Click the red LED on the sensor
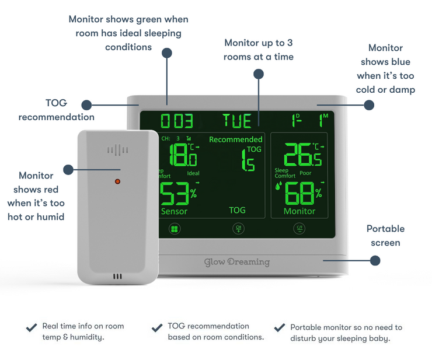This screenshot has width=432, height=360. click(117, 181)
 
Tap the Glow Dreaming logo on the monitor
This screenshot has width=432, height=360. click(237, 262)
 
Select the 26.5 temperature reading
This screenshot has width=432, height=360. click(302, 155)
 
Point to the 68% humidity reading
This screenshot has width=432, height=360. click(303, 193)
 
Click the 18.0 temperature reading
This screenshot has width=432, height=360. click(183, 155)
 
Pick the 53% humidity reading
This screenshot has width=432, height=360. click(178, 194)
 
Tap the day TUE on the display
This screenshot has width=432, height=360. click(237, 121)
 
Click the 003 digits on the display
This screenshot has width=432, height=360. click(177, 121)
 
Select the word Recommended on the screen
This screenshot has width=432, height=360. click(236, 139)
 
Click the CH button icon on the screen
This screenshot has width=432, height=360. click(238, 228)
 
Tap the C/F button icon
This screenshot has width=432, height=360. click(299, 228)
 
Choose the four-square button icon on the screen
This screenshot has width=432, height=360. click(175, 229)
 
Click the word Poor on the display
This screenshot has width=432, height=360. click(305, 173)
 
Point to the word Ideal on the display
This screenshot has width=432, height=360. click(193, 173)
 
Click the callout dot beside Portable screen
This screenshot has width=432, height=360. click(375, 261)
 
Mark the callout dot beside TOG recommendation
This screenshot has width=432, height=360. click(86, 105)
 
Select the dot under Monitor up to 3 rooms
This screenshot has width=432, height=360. click(259, 74)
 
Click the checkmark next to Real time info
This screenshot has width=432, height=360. click(32, 327)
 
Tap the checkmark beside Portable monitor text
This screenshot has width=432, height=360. click(280, 327)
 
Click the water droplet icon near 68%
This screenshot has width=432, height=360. click(278, 186)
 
